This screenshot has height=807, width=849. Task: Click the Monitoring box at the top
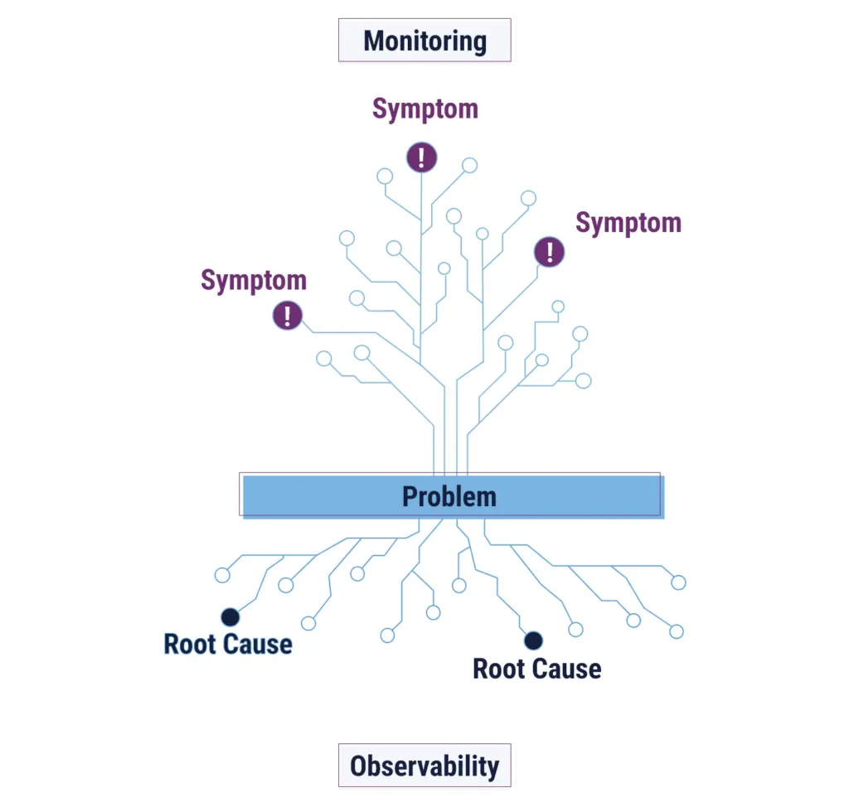424,41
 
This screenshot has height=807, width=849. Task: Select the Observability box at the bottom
424,766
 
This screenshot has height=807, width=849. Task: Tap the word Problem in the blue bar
449,496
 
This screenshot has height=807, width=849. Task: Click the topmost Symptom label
424,109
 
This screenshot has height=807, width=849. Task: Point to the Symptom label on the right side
628,223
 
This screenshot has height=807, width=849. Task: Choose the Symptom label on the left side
254,281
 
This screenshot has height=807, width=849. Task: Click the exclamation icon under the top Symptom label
421,157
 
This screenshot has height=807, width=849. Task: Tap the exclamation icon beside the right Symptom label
549,251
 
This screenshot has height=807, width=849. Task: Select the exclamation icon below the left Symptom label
287,315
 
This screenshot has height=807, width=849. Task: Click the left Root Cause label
228,644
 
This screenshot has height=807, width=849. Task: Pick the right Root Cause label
536,669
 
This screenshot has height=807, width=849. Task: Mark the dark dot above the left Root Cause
230,616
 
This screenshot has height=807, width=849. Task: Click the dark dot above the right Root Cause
533,640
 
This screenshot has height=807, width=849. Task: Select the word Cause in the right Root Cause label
569,669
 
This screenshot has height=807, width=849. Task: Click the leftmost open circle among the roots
222,575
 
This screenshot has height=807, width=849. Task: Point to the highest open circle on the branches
469,165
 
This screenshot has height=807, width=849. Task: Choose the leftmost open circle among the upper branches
324,359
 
